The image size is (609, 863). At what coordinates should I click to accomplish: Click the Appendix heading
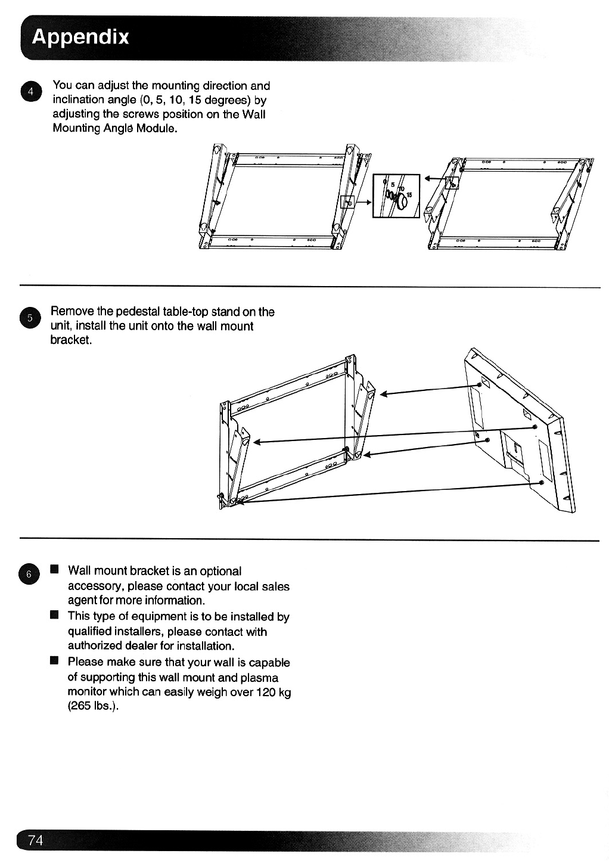[x=80, y=37]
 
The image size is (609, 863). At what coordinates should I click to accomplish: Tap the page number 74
[x=36, y=840]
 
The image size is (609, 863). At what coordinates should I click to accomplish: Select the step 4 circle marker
[x=29, y=91]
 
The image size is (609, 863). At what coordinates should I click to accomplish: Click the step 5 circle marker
[x=29, y=317]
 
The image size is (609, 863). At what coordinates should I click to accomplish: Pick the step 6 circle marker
[x=29, y=574]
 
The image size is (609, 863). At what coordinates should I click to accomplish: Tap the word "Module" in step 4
[x=156, y=128]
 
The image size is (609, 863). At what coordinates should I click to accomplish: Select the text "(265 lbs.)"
[x=89, y=707]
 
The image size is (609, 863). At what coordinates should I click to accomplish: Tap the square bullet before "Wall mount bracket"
[x=55, y=570]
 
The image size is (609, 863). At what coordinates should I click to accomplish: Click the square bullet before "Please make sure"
[x=55, y=661]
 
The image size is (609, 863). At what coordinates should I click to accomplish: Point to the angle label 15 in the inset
[x=409, y=194]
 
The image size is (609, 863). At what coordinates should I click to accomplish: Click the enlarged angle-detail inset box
[x=396, y=196]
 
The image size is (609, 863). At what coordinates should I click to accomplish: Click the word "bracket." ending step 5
[x=71, y=340]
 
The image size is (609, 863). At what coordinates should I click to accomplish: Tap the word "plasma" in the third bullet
[x=259, y=677]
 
